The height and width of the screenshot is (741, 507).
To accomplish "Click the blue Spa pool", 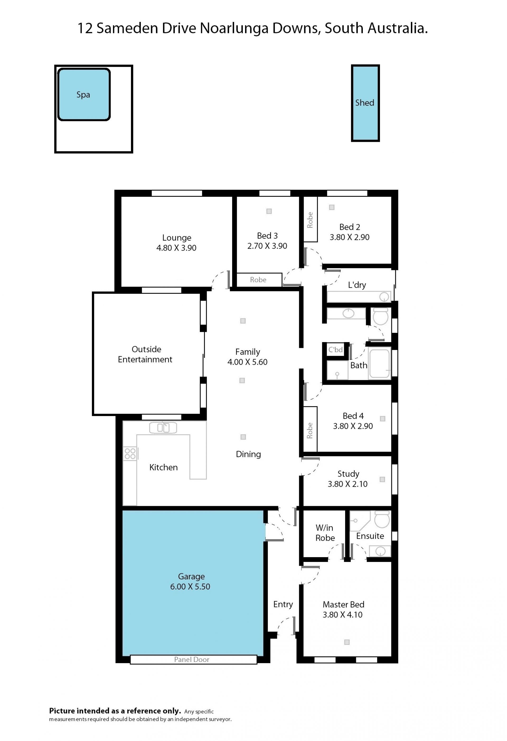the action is point(84,94).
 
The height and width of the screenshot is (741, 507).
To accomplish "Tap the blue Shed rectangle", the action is point(365,103).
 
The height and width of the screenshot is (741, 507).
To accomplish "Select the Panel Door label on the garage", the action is point(191,659).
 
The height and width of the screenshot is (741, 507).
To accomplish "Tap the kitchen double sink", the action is point(163,428).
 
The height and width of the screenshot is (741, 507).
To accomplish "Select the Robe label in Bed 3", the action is point(258,280).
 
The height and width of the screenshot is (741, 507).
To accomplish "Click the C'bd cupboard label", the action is point(336,349).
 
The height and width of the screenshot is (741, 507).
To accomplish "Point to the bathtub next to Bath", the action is point(379,363).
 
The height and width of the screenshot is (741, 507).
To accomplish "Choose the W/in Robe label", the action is point(325,533).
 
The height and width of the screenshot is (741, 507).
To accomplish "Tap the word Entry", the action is point(283,604).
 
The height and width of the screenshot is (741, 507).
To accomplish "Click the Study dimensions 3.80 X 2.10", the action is point(348,484).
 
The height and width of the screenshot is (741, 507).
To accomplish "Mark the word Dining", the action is point(248,454).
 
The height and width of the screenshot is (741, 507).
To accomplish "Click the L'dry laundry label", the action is point(357,285).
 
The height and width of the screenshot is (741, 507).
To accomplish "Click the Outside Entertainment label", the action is point(145,354).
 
